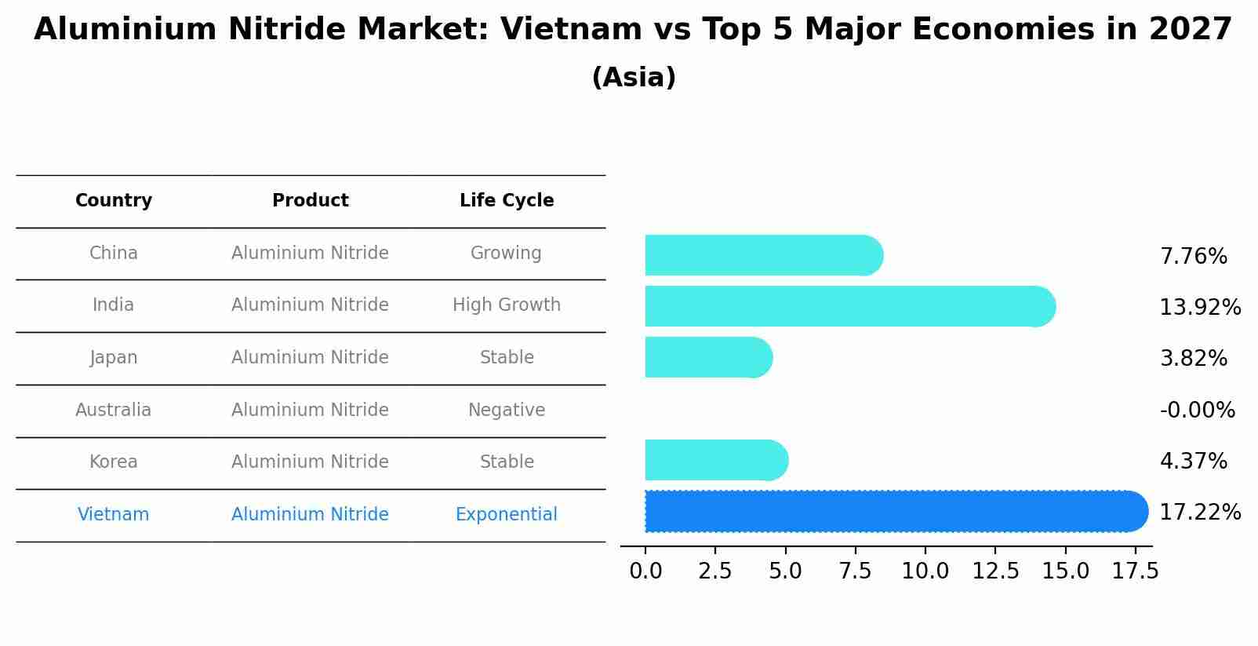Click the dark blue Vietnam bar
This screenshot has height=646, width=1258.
pos(894,511)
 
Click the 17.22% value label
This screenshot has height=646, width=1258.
pos(1199,513)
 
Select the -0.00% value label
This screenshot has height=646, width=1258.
pos(1197,410)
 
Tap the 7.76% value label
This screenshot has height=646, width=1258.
pos(1193,257)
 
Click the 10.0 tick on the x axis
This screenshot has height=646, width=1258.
pos(925,571)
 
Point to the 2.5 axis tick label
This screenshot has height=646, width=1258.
pos(714,571)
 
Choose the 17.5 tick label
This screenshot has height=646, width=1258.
pos(1134,571)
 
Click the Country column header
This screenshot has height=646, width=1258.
pos(114,200)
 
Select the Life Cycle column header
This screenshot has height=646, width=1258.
pos(507,200)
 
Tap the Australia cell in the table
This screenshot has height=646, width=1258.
pos(114,410)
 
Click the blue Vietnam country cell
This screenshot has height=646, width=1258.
pos(114,514)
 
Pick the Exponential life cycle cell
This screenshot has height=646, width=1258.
pos(507,514)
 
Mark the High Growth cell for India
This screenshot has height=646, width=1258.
pos(507,305)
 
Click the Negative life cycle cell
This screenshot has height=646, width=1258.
pos(507,410)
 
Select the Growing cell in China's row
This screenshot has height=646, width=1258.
pos(506,253)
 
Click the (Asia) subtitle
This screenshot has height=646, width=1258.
pos(634,78)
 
